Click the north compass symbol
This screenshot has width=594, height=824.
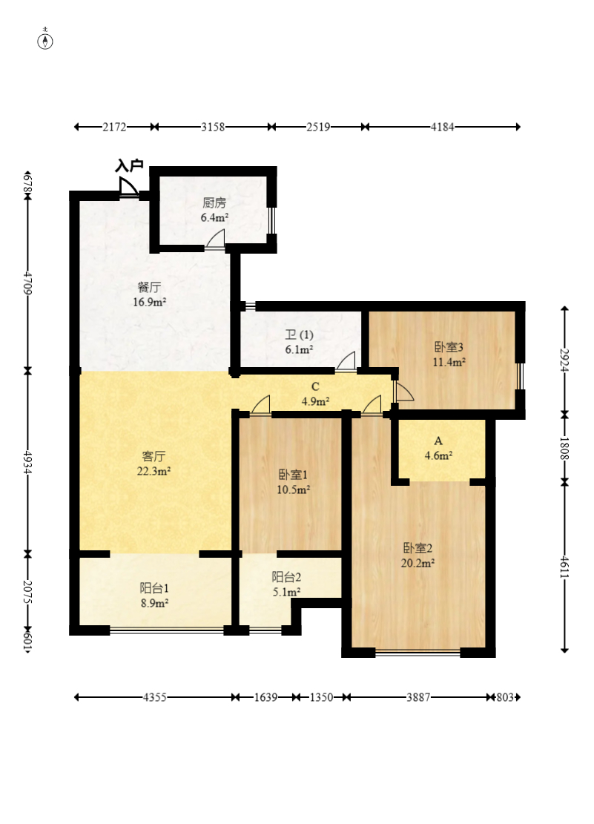pos(46,41)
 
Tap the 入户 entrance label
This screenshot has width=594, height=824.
pos(129,166)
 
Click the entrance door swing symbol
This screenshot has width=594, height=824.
pos(128,187)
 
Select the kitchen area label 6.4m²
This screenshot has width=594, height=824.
pos(214,217)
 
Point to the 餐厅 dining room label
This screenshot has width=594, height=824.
pos(149,288)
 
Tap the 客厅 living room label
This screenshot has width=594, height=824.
pos(154,456)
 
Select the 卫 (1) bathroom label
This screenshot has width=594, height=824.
pos(299,334)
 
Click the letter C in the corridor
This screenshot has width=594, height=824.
pos(315,387)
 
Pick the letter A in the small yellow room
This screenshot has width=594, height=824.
pos(438,441)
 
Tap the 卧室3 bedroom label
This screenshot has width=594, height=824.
pos(449,347)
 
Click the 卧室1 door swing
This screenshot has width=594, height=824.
pos(260,405)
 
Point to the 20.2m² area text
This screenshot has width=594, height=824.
pos(418,564)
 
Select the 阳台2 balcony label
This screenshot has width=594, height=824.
pos(286,577)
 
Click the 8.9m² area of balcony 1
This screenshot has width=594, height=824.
pos(154,603)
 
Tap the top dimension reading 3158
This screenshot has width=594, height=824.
pos(213,127)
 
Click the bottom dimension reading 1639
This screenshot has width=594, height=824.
pos(266,697)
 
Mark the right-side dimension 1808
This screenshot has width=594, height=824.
pos(564,448)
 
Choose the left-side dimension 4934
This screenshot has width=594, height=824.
pos(28,463)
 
